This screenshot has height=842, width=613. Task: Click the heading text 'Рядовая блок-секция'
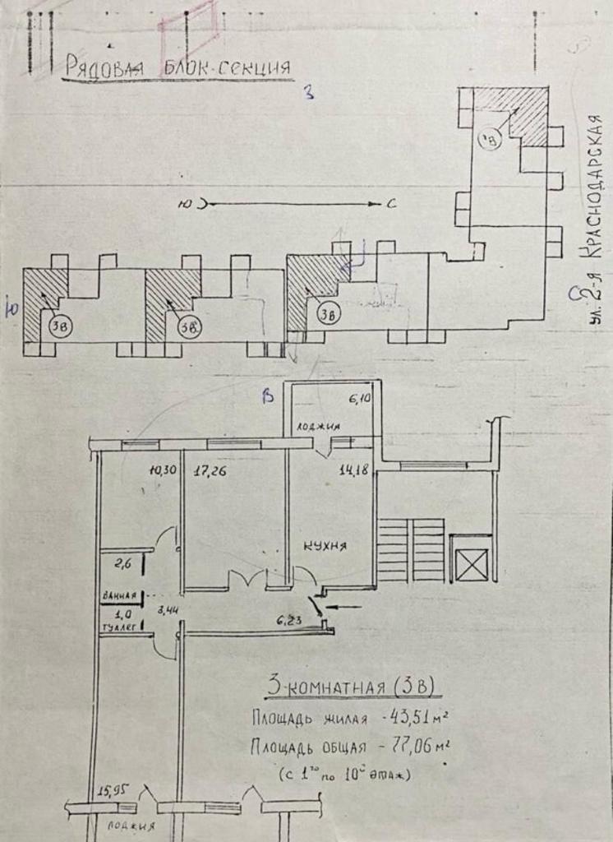pyautogui.click(x=176, y=67)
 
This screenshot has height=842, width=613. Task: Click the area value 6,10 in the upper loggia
pyautogui.click(x=359, y=400)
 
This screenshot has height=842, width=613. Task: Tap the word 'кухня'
pyautogui.click(x=325, y=546)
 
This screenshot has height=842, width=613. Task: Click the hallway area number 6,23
pyautogui.click(x=292, y=622)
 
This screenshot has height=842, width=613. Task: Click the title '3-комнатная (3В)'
pyautogui.click(x=348, y=686)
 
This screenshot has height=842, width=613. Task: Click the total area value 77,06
pyautogui.click(x=420, y=747)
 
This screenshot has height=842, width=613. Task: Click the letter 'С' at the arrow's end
pyautogui.click(x=390, y=204)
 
